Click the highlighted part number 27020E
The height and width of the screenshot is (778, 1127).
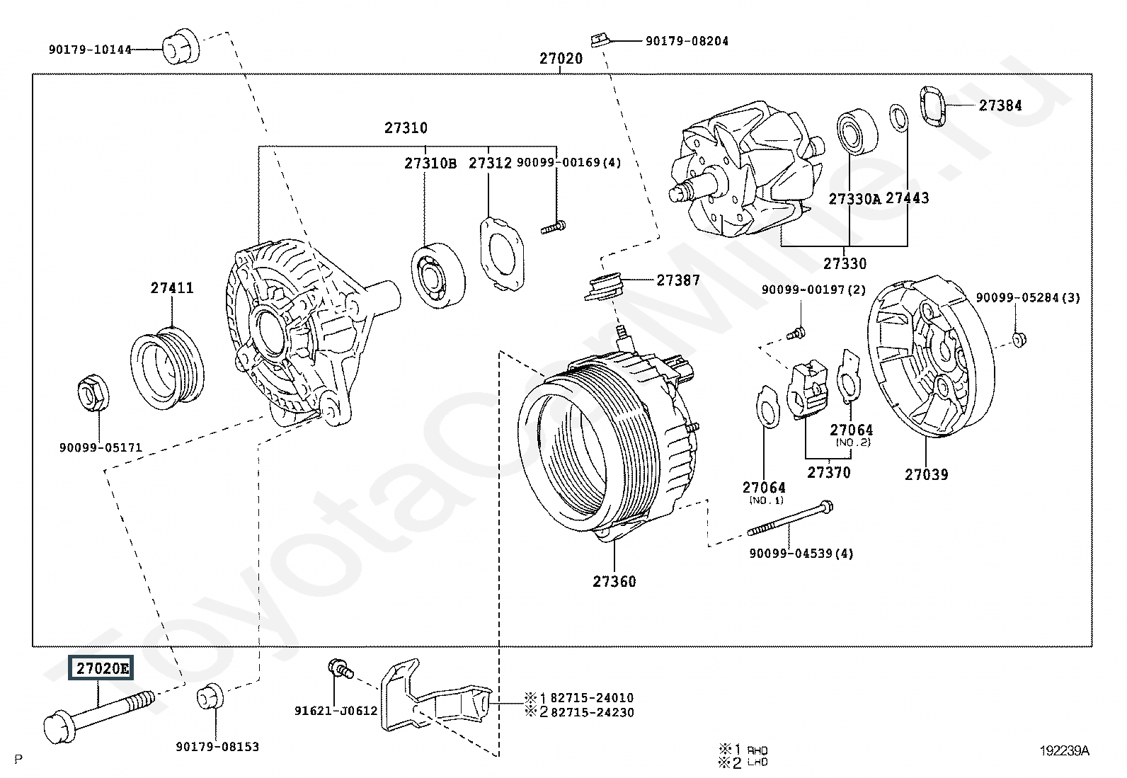pyautogui.click(x=100, y=668)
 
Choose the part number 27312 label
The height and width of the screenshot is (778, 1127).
pyautogui.click(x=490, y=163)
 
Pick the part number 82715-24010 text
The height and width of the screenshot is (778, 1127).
pyautogui.click(x=592, y=698)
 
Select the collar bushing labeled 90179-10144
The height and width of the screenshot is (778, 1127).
pyautogui.click(x=181, y=47)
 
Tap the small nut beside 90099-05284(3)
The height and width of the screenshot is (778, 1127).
pyautogui.click(x=1017, y=339)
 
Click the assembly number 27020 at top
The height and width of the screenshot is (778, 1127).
pyautogui.click(x=561, y=59)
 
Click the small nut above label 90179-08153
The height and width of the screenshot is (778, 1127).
pyautogui.click(x=210, y=696)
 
